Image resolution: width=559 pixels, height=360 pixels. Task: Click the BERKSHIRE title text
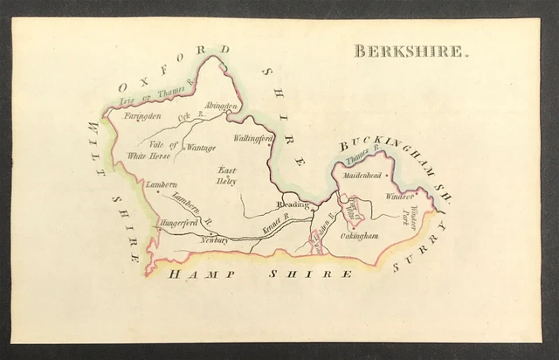tap(411, 51)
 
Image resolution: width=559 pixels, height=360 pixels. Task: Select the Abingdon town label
tap(222, 107)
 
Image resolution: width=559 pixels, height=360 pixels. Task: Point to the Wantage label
tap(202, 148)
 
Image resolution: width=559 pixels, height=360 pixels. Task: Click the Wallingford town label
tap(254, 139)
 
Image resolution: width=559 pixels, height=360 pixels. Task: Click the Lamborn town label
tap(161, 185)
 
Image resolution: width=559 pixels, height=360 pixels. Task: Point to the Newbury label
tap(213, 239)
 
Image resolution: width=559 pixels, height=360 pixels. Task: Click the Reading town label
tap(293, 204)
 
